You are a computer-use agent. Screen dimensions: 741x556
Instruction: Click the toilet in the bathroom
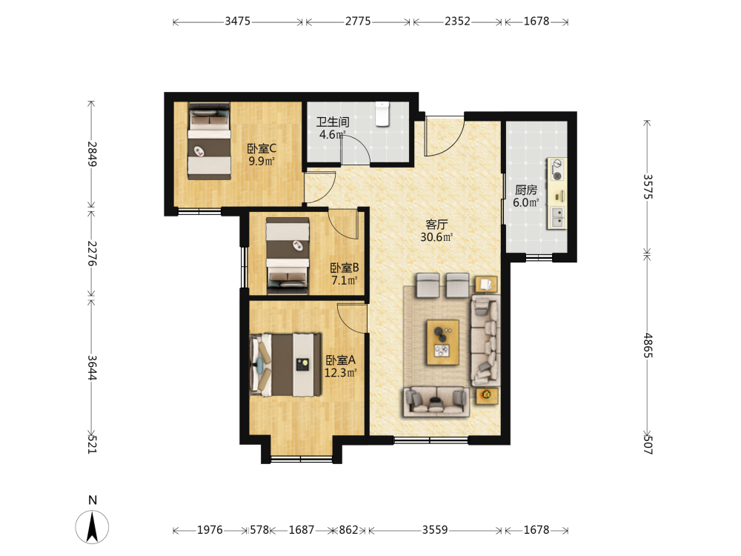point(382,114)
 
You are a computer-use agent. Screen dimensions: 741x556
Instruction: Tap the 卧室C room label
point(262,148)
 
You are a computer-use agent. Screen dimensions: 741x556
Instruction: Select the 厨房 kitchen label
point(526,190)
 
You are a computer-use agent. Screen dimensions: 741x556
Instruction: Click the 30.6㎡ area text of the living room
point(436,237)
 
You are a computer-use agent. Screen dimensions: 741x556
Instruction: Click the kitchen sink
point(558,217)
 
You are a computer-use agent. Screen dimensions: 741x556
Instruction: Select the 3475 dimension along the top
point(237,21)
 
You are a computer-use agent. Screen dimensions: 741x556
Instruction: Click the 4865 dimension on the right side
point(648,345)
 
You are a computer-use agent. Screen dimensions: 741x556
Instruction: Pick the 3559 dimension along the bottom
point(435,530)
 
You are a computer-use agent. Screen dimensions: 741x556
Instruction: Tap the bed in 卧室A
point(285,365)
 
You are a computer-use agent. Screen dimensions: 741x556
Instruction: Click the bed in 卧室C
point(210,141)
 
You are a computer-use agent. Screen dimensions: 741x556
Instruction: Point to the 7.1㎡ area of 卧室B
point(344,280)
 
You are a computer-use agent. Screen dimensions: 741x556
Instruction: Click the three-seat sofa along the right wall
point(485,340)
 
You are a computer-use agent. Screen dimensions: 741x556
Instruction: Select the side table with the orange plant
point(487,395)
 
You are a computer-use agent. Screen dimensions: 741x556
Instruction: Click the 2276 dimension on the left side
point(92,254)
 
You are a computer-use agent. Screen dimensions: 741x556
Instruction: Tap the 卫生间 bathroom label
point(333,122)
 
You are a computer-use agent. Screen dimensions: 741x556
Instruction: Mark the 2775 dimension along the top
point(358,21)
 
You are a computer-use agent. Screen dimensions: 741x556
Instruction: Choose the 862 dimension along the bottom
point(349,530)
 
